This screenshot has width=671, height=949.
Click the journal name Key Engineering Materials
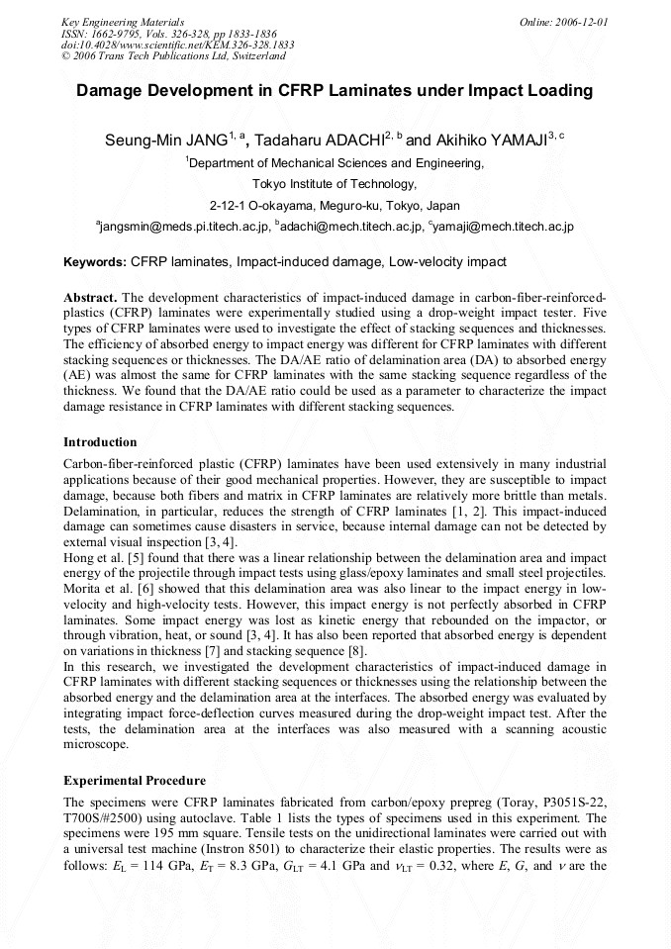coord(121,21)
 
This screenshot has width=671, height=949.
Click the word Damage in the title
coord(113,91)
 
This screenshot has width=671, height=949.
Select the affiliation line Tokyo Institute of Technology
coord(335,184)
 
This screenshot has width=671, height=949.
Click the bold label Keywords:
coord(95,262)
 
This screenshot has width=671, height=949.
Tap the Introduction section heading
coord(100,441)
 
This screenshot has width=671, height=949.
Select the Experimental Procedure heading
coord(135,781)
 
